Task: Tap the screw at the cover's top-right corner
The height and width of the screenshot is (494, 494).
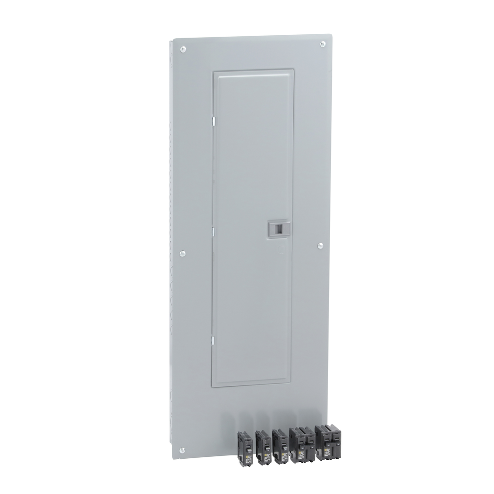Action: pos(322,44)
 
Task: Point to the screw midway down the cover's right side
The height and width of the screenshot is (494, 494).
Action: pos(320,246)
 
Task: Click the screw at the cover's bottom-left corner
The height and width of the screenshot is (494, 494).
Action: pos(182,450)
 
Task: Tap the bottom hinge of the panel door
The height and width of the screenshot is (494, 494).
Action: pos(213,341)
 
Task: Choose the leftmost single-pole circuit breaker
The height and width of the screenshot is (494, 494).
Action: pos(246,448)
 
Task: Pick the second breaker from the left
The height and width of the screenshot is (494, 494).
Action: pos(263,447)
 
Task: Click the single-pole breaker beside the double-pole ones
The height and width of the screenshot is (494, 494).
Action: pos(280,446)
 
